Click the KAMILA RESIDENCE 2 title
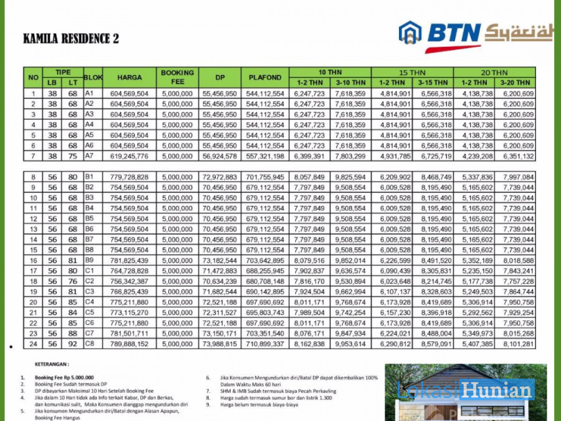[70, 39]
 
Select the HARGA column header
[129, 77]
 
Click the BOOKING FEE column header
[178, 77]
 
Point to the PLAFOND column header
[265, 77]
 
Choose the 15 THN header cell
[412, 72]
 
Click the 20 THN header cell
[494, 72]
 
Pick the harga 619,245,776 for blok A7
[129, 156]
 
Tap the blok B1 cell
[89, 177]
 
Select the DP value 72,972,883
[219, 177]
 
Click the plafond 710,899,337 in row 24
[265, 344]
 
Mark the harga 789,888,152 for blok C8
[129, 344]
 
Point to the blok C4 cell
[89, 302]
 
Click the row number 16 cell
[34, 260]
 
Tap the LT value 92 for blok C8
[74, 344]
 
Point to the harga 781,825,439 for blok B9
[129, 260]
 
